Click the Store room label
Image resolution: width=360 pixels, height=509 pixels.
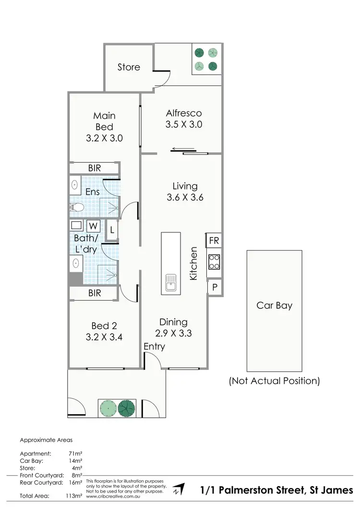[129, 67]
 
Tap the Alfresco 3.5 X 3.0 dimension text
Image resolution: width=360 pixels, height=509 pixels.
[184, 124]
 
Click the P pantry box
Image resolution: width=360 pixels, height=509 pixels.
[214, 287]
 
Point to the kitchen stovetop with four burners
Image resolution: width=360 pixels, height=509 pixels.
[214, 262]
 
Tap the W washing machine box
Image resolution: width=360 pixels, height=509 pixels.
[93, 226]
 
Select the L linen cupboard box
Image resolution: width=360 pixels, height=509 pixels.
[112, 230]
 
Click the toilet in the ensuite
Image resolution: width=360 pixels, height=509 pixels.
[77, 207]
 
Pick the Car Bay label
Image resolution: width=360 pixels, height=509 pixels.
[274, 305]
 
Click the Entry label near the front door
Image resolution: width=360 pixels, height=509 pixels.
[154, 346]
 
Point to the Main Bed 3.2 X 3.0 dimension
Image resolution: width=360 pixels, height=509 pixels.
[104, 138]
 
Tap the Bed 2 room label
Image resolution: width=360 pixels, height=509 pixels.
[104, 326]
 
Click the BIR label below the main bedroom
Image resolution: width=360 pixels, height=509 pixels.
[94, 168]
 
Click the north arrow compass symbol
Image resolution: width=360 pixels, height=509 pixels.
[178, 489]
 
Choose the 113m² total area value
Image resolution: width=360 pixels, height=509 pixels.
[75, 495]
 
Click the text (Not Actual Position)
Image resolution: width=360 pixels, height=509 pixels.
[274, 381]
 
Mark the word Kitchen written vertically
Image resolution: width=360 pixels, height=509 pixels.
[193, 264]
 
